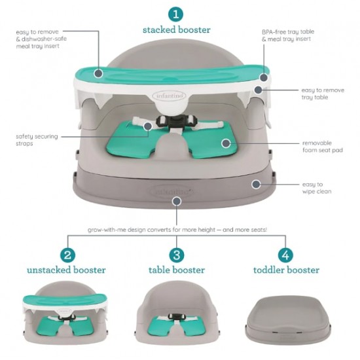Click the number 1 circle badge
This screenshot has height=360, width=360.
[176, 14]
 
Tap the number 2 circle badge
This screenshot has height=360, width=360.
[67, 255]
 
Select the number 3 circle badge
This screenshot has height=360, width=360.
[177, 255]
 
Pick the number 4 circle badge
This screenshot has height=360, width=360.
[285, 255]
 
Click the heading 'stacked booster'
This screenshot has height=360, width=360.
[176, 30]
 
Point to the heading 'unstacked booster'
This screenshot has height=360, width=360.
[66, 270]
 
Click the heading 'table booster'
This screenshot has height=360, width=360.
[177, 270]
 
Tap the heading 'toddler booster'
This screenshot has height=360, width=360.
[286, 270]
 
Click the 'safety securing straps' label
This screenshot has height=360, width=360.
[37, 140]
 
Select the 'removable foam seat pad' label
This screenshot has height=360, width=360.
[323, 147]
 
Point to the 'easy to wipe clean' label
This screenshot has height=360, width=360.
[317, 188]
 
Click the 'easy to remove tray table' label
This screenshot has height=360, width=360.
[323, 94]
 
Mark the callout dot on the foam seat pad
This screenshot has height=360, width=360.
[226, 143]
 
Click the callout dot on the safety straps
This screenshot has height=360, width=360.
[148, 126]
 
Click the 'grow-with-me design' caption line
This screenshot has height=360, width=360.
[177, 230]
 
